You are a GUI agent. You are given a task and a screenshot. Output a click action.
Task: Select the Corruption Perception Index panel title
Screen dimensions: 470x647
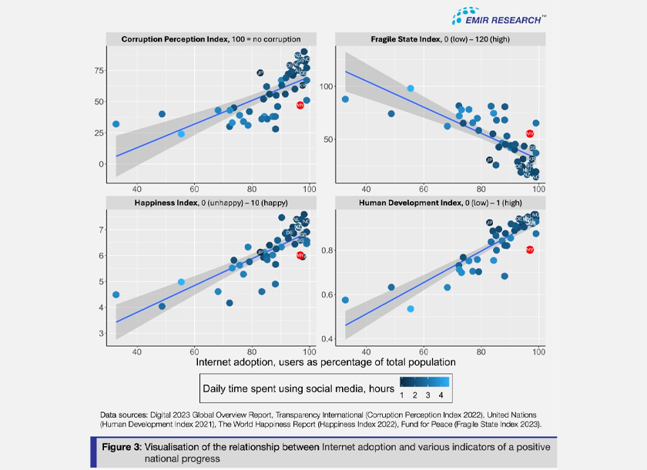click(x=210, y=39)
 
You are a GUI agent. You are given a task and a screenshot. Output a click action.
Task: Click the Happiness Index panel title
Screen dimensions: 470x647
click(x=210, y=203)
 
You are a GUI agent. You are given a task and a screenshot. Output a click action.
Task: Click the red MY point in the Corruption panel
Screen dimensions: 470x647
click(x=300, y=105)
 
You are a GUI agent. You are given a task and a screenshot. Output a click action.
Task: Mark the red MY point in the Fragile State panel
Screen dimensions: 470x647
click(x=530, y=133)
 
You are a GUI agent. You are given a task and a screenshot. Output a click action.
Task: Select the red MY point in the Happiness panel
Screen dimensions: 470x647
click(x=300, y=255)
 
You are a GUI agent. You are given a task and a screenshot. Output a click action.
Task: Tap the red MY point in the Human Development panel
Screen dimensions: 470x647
click(x=530, y=250)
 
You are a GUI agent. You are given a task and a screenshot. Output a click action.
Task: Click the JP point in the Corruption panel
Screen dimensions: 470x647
click(x=260, y=72)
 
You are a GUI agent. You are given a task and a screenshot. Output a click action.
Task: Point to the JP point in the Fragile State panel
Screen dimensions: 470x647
click(x=489, y=159)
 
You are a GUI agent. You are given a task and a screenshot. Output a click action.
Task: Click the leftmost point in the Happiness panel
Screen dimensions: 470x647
click(x=116, y=294)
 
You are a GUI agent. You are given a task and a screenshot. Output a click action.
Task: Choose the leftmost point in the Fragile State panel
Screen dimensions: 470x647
click(x=345, y=99)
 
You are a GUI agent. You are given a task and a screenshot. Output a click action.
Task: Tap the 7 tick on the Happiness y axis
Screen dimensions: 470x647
click(x=100, y=230)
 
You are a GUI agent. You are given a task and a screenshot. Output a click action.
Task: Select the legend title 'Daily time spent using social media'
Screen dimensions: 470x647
click(x=297, y=381)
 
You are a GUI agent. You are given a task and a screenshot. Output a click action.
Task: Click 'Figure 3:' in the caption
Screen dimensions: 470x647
click(x=126, y=448)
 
